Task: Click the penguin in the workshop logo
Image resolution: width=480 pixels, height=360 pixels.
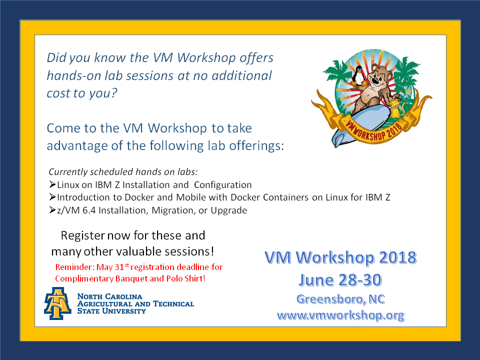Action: (358, 76)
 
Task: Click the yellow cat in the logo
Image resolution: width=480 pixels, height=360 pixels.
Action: (396, 108)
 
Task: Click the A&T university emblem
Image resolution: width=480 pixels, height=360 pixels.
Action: (57, 303)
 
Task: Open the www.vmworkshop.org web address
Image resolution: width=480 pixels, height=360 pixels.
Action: (340, 315)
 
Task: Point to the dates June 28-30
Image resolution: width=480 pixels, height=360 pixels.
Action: (340, 280)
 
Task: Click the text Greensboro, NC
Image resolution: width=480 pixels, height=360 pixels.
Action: (340, 299)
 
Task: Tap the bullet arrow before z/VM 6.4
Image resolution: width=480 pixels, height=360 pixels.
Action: (52, 210)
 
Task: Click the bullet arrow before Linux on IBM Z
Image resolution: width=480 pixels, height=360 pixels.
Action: (52, 184)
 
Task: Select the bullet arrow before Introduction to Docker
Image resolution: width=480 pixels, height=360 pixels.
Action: (52, 197)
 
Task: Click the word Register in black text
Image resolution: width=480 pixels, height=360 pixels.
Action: (82, 235)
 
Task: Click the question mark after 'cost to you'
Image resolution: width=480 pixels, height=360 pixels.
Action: (114, 93)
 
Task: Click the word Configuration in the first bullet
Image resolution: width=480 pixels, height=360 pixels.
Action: (223, 185)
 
